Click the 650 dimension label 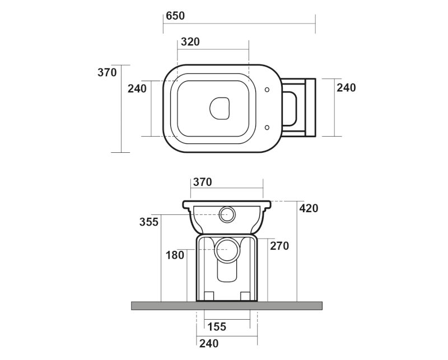click(x=175, y=16)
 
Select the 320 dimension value click(x=190, y=42)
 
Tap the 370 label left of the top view click(x=107, y=72)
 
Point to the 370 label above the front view click(x=202, y=181)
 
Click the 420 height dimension click(x=309, y=208)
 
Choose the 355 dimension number click(x=148, y=222)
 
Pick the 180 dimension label click(x=175, y=255)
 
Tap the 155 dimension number click(x=217, y=327)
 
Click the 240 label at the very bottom click(x=209, y=343)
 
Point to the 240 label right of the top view click(x=346, y=87)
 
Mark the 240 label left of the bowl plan click(x=137, y=88)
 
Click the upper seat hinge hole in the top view click(x=267, y=90)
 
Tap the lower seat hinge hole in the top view click(x=267, y=127)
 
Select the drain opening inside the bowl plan click(x=220, y=108)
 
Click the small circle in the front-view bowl click(x=228, y=214)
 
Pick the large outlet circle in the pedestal click(x=226, y=250)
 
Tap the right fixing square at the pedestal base click(x=245, y=296)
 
